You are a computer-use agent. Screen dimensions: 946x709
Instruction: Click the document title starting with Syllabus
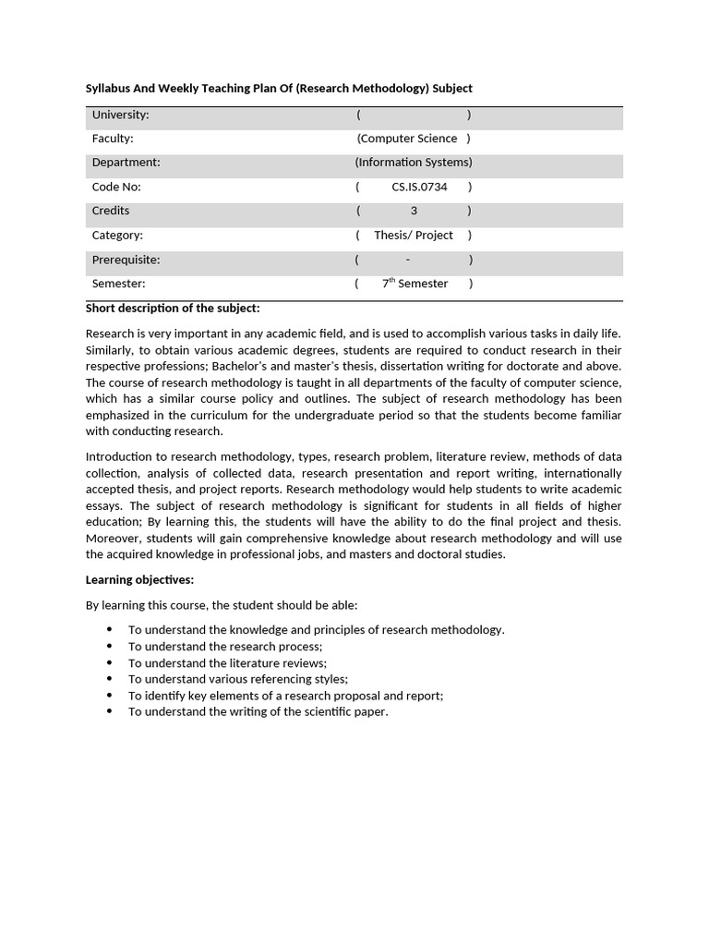click(x=279, y=89)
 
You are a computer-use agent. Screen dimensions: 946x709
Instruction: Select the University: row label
click(x=120, y=115)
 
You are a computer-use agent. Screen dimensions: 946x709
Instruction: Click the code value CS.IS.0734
click(x=419, y=187)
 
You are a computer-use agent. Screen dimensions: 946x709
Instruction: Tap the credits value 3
click(x=414, y=211)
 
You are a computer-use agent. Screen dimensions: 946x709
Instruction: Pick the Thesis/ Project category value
click(x=414, y=236)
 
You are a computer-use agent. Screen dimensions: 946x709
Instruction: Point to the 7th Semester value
click(x=415, y=284)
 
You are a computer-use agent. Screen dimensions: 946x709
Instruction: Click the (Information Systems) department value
click(x=414, y=163)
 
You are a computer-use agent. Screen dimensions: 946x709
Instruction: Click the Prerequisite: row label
click(x=126, y=260)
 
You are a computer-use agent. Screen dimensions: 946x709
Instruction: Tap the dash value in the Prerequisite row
click(x=408, y=260)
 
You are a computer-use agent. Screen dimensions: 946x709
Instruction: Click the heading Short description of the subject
click(x=173, y=308)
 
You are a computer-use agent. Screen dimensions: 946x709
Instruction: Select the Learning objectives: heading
click(x=139, y=580)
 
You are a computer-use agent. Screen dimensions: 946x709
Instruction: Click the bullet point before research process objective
click(x=109, y=647)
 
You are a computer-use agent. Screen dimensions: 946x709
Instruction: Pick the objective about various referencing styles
click(x=237, y=679)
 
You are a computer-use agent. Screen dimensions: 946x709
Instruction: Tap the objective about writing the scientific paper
click(x=258, y=712)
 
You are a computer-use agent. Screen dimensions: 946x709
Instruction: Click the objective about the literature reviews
click(x=227, y=663)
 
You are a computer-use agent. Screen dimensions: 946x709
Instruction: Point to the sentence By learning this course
click(x=222, y=605)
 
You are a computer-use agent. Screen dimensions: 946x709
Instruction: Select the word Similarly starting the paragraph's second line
click(x=110, y=350)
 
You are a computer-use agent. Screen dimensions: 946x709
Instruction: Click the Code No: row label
click(x=116, y=187)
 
